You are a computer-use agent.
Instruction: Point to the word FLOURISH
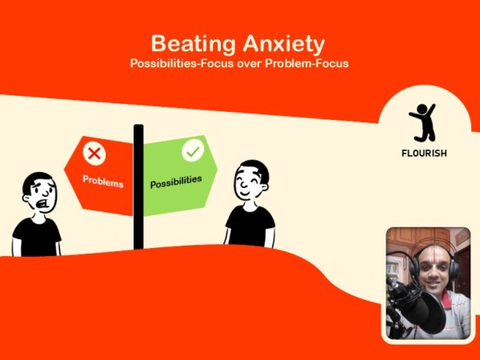click(424, 153)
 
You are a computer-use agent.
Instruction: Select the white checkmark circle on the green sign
click(193, 150)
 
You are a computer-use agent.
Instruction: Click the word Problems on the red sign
click(103, 181)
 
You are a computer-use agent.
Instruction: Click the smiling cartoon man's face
click(251, 186)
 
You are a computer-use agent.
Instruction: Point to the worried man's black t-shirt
click(37, 237)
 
